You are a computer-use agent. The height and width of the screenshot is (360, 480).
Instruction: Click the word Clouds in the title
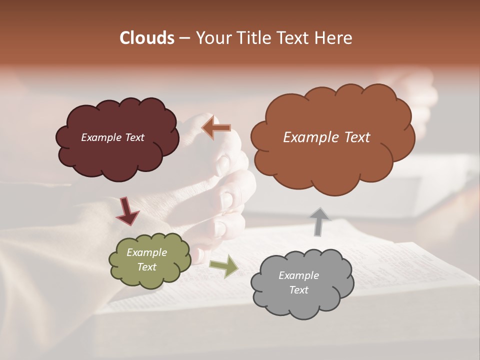click(146, 38)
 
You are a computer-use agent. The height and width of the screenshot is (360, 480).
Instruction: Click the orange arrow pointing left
click(216, 128)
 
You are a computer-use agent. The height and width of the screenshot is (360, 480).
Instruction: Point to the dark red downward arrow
click(127, 211)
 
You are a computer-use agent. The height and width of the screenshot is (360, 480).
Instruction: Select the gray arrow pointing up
click(320, 221)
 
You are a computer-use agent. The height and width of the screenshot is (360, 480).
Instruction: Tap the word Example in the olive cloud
click(147, 252)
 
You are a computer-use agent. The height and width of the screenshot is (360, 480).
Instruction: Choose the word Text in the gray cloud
click(298, 290)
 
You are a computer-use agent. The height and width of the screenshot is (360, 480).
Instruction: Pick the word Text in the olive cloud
click(147, 267)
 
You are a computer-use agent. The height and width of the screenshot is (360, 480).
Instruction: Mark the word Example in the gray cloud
click(298, 275)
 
